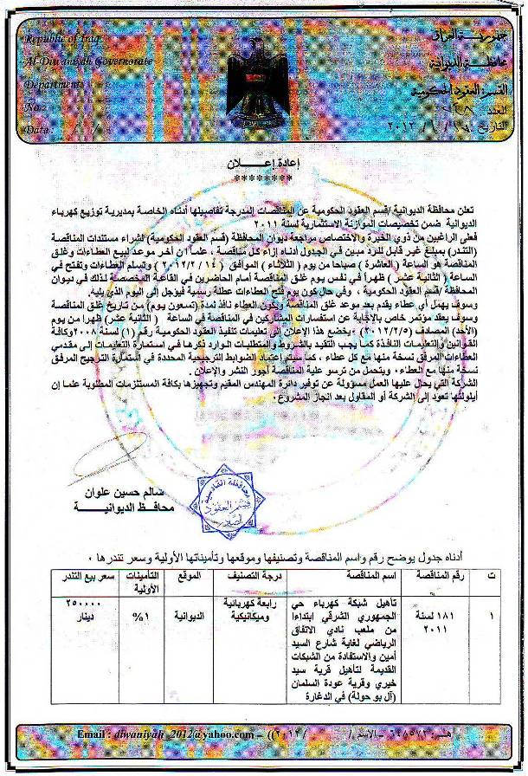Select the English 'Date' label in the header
(39, 129)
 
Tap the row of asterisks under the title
(261, 179)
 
